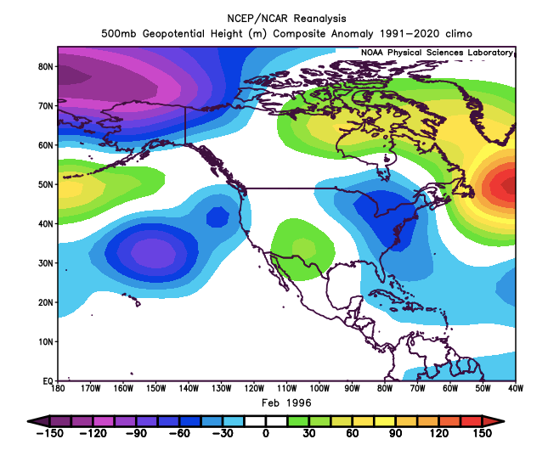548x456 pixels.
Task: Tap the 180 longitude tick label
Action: pyautogui.click(x=58, y=390)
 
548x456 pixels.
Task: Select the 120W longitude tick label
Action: pyautogui.click(x=254, y=390)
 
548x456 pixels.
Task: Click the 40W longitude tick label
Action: pyautogui.click(x=516, y=390)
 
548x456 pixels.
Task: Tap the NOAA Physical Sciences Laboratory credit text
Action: pyautogui.click(x=436, y=53)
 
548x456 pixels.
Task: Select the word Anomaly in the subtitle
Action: pyautogui.click(x=358, y=32)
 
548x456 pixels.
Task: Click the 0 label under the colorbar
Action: pyautogui.click(x=266, y=434)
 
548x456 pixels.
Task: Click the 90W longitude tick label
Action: pyautogui.click(x=352, y=390)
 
